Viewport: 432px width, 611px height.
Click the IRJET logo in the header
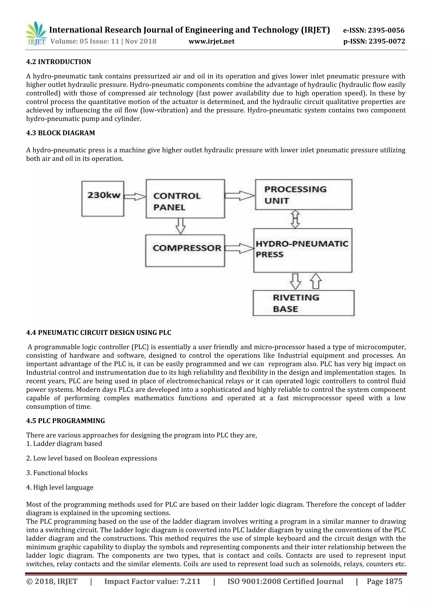36,34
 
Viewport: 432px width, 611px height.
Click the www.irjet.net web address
212,41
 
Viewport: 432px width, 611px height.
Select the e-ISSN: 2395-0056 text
374,30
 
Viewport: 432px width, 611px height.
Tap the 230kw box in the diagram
103,199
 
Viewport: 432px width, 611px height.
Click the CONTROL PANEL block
185,199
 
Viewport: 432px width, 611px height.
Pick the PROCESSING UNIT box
304,195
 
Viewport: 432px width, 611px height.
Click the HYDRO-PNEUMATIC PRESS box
303,250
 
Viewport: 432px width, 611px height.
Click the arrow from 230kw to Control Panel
135,197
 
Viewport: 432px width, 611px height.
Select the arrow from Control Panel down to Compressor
181,226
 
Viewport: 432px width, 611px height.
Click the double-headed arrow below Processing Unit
296,219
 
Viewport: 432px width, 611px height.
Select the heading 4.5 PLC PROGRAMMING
65,421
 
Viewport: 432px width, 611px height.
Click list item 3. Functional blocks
57,473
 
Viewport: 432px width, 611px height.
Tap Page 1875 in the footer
384,581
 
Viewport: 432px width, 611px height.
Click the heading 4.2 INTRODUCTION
58,62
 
